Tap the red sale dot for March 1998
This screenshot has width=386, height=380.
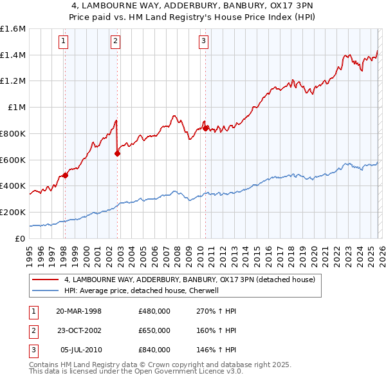pos(65,175)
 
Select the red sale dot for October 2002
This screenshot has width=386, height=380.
pos(117,153)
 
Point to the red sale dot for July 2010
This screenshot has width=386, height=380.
pos(205,128)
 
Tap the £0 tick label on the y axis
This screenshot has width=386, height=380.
pos(19,238)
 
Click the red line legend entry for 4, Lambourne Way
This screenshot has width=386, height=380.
pos(189,280)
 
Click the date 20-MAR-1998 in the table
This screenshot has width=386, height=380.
pos(79,311)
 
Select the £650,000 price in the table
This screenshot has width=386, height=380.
pos(154,330)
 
